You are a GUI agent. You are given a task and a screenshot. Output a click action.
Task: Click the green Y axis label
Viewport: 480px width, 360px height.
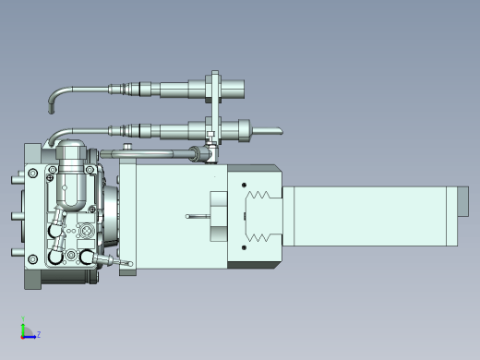(23, 318)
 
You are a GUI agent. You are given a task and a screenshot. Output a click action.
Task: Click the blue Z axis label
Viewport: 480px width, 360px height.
(39, 334)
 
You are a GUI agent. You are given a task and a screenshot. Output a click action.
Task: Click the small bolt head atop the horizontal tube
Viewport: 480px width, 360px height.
(127, 146)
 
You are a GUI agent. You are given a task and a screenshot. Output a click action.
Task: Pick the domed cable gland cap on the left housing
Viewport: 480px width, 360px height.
(71, 149)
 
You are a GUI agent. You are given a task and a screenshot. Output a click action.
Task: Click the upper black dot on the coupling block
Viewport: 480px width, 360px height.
(244, 185)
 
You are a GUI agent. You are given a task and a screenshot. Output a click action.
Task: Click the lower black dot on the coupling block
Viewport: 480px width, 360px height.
(244, 247)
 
